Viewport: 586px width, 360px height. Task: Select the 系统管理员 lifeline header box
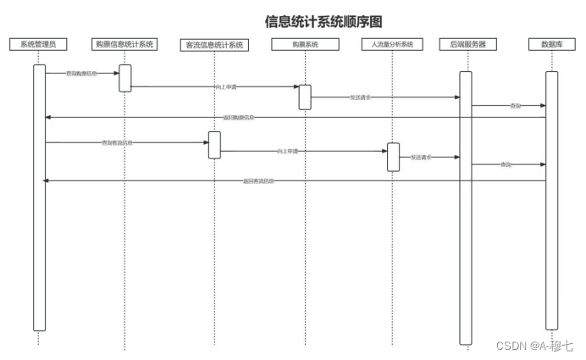(x=38, y=43)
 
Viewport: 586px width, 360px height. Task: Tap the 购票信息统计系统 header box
(x=124, y=43)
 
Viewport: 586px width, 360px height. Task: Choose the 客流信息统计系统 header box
(x=215, y=45)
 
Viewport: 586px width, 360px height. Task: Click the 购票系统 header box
(x=304, y=44)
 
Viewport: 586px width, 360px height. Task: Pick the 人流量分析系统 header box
(x=392, y=44)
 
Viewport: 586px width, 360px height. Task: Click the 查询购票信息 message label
(x=81, y=74)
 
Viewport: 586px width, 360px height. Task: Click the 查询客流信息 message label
(x=117, y=142)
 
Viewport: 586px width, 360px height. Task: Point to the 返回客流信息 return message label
(x=258, y=180)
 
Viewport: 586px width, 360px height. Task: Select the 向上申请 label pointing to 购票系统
(x=224, y=86)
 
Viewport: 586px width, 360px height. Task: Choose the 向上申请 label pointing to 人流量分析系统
(x=288, y=151)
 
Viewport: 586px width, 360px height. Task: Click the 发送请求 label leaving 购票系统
(x=359, y=97)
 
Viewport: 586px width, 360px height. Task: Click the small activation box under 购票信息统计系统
(x=124, y=77)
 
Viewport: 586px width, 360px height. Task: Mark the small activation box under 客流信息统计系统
(x=214, y=144)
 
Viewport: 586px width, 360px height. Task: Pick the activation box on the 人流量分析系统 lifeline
(x=393, y=157)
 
